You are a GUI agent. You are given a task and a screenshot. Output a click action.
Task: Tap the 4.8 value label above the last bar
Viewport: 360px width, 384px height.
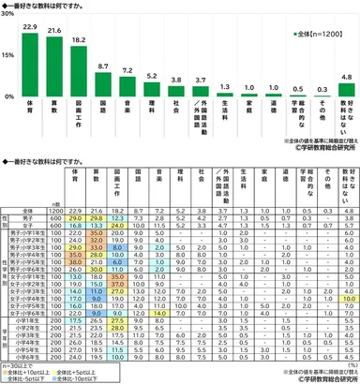346,76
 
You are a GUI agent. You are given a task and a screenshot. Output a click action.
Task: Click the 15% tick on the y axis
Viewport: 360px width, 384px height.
10,56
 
